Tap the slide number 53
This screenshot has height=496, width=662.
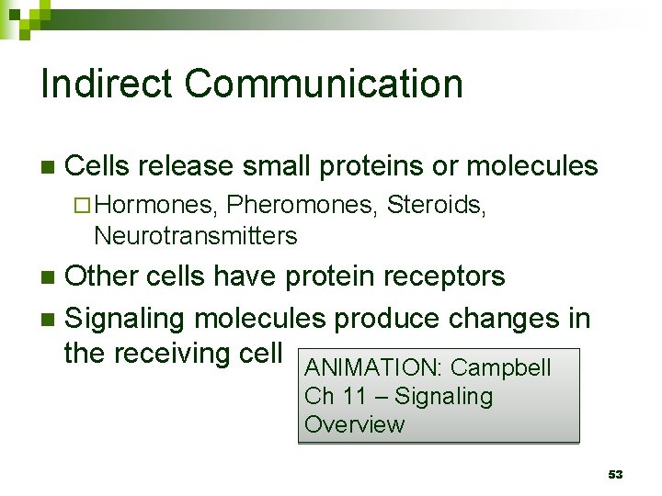pyautogui.click(x=616, y=474)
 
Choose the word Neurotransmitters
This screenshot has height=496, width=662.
pyautogui.click(x=196, y=236)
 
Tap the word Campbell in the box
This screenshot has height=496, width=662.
pyautogui.click(x=501, y=368)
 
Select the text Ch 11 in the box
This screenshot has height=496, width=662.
pyautogui.click(x=325, y=397)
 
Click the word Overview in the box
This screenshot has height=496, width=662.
pyautogui.click(x=354, y=424)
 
